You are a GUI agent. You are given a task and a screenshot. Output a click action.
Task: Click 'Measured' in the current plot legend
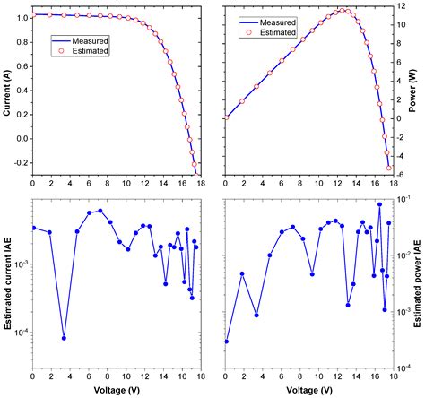coord(93,39)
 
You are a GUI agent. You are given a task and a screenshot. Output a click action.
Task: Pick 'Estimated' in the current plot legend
coord(93,51)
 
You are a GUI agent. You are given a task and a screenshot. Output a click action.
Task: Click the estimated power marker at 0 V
coord(226,117)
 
